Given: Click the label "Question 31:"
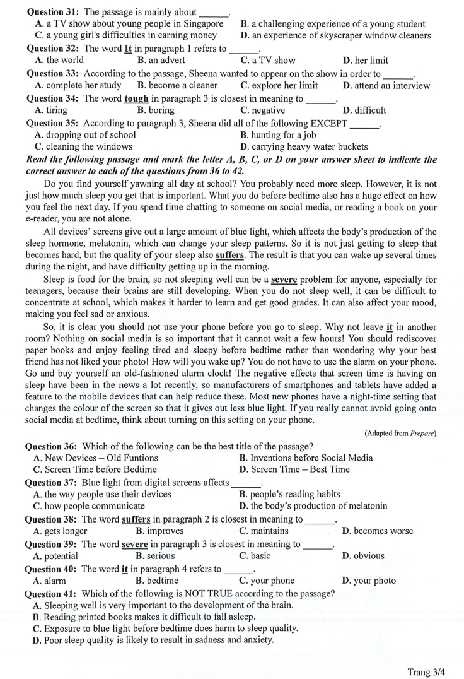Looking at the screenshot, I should click(x=54, y=11).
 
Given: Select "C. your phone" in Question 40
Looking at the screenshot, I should click(x=267, y=581).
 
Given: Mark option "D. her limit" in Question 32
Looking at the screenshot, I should click(x=366, y=61).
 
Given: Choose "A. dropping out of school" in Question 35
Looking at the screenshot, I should click(x=86, y=134).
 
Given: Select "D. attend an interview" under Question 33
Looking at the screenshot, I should click(x=386, y=85).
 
